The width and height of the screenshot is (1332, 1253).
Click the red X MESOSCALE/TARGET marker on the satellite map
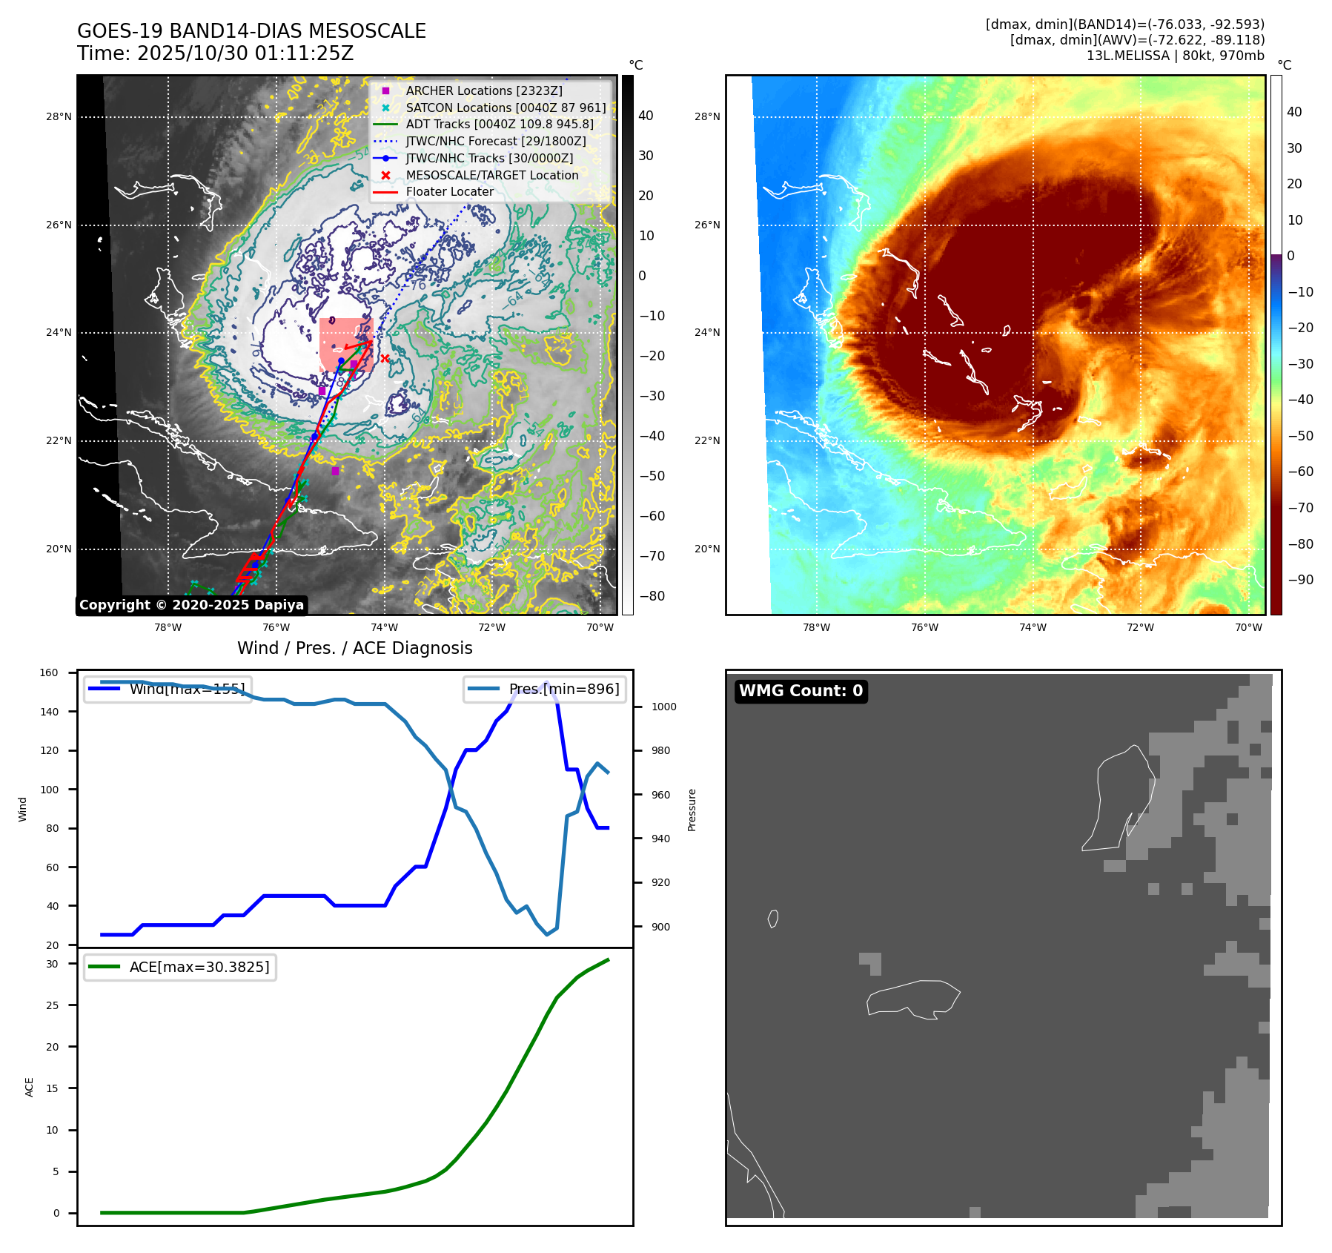coord(385,359)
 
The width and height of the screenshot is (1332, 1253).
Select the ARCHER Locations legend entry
coord(483,90)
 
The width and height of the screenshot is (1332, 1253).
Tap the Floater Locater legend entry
coord(449,191)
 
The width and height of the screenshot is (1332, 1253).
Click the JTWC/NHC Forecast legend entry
coord(495,141)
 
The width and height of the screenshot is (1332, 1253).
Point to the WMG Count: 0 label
coord(801,691)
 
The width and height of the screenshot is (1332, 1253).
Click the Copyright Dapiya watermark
coord(191,605)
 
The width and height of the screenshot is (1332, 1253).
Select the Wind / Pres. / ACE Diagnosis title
coord(354,648)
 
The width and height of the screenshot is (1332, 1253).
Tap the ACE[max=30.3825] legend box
coord(180,967)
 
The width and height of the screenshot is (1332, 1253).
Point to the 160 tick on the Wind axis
coord(49,673)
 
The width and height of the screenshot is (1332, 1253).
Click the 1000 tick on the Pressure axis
coord(663,707)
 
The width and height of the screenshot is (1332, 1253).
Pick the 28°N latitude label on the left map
coord(59,116)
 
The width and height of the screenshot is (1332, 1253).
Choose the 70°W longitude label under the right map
coord(1248,627)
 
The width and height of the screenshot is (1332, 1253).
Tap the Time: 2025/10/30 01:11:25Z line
coord(215,53)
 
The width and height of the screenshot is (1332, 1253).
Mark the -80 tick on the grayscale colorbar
coord(652,596)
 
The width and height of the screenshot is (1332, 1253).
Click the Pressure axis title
coord(692,810)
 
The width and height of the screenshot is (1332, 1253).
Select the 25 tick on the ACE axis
coord(52,1005)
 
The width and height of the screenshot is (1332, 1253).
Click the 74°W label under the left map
coord(384,627)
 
